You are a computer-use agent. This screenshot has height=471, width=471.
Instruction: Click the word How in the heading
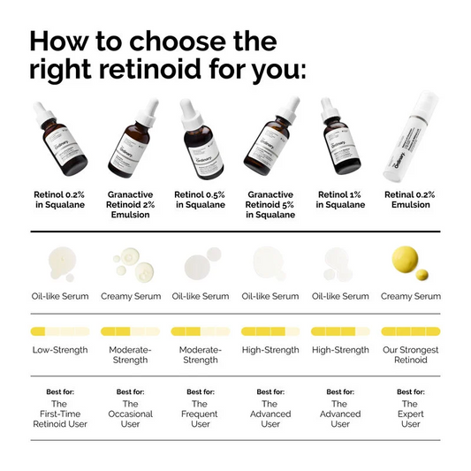[62, 41]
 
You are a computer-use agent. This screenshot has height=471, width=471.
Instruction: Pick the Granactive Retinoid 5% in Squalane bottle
[270, 141]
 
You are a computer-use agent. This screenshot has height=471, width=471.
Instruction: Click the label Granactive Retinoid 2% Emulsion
[131, 204]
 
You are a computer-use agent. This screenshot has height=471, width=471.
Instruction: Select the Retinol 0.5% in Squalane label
[201, 199]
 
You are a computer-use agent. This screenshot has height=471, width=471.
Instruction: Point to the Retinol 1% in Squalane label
[340, 199]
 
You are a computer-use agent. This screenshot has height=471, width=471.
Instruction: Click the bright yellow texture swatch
[407, 262]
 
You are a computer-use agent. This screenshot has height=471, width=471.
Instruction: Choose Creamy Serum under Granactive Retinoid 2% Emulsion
[131, 296]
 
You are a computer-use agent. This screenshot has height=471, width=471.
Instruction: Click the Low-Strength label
[60, 350]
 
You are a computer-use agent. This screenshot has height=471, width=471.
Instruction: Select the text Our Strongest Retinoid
[410, 356]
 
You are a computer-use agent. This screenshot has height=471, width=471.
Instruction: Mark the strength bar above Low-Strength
[60, 331]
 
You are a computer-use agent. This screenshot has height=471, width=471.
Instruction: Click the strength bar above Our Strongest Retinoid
[410, 331]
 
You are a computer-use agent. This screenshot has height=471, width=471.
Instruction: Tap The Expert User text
[410, 414]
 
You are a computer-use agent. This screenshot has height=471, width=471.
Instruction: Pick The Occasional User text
[130, 414]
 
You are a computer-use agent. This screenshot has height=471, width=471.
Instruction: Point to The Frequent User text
[201, 414]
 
